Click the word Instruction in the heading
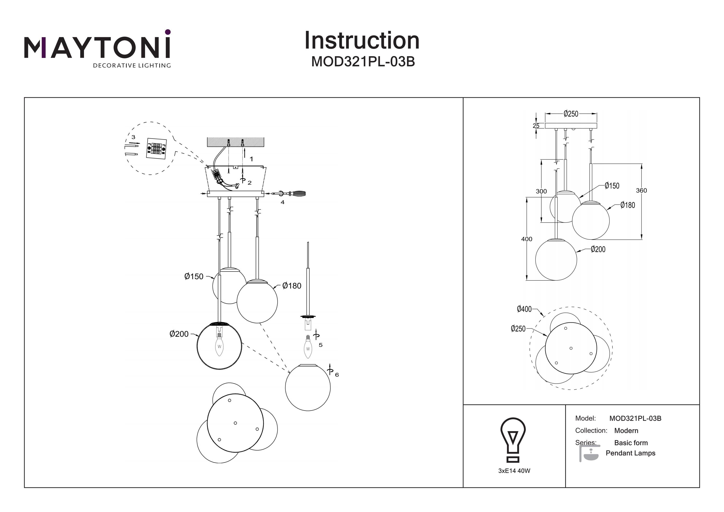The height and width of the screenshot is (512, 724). pyautogui.click(x=362, y=41)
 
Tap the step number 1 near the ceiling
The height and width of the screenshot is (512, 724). pyautogui.click(x=251, y=159)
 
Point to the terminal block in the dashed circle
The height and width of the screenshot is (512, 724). pyautogui.click(x=156, y=148)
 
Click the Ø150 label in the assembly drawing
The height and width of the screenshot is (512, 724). pyautogui.click(x=194, y=277)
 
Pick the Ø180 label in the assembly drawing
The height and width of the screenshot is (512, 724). pyautogui.click(x=292, y=286)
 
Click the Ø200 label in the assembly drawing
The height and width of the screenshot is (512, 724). pyautogui.click(x=179, y=334)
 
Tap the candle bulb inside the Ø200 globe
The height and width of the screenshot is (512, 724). pyautogui.click(x=219, y=346)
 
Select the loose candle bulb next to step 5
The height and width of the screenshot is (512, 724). pyautogui.click(x=308, y=347)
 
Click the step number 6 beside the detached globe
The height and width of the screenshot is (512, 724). pyautogui.click(x=337, y=375)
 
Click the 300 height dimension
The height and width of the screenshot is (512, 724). pyautogui.click(x=541, y=191)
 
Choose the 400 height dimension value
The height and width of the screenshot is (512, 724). pyautogui.click(x=526, y=239)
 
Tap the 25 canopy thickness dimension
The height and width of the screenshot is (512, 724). pyautogui.click(x=536, y=126)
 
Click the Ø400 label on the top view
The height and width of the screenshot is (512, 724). pyautogui.click(x=524, y=309)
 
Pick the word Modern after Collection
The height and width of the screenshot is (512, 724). pyautogui.click(x=626, y=431)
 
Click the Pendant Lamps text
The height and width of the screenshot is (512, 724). pyautogui.click(x=630, y=453)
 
